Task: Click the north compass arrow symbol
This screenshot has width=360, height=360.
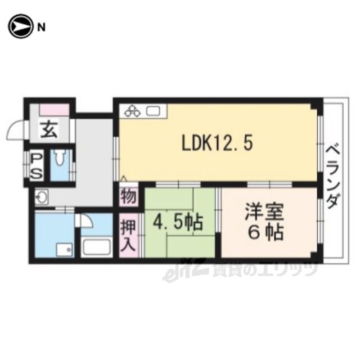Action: click(x=20, y=26)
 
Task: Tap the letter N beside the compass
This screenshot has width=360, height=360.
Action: click(x=41, y=28)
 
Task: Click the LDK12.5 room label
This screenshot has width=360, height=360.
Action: click(x=217, y=143)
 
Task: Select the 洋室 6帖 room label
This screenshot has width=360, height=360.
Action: click(x=265, y=221)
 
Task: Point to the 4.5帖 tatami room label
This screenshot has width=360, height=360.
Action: click(x=178, y=223)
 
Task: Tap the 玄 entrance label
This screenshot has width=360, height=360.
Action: click(x=49, y=129)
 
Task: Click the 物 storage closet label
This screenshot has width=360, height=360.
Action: click(x=128, y=196)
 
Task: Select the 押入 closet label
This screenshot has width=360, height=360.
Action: click(x=128, y=236)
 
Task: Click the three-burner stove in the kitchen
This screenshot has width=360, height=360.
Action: click(x=133, y=111)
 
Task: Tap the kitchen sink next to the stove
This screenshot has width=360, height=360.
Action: click(x=153, y=111)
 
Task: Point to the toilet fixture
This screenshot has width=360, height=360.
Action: click(x=60, y=158)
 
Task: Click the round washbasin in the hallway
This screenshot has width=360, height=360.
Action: click(x=41, y=196)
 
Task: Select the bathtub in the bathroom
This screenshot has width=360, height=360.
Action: click(x=96, y=247)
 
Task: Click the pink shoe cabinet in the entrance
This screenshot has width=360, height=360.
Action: click(x=55, y=110)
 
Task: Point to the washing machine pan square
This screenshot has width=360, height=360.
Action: click(x=65, y=250)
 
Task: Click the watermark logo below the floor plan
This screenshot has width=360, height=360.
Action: click(x=240, y=270)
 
